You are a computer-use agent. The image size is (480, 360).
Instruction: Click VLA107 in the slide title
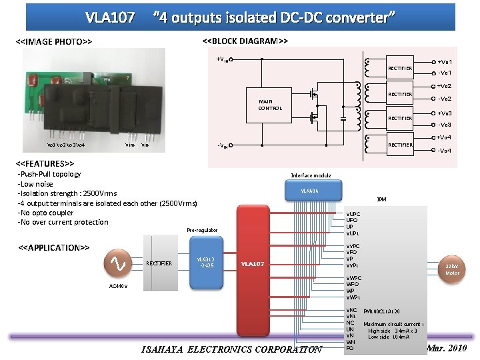pyautogui.click(x=110, y=17)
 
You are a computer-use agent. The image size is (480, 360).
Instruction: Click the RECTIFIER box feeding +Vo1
pyautogui.click(x=400, y=68)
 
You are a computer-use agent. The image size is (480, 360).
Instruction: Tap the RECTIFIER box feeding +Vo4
pyautogui.click(x=400, y=145)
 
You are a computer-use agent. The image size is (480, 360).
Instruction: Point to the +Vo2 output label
pyautogui.click(x=445, y=87)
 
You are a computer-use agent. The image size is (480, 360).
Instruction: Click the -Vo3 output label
pyautogui.click(x=445, y=125)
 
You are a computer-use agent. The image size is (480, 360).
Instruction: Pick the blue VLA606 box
pyautogui.click(x=310, y=190)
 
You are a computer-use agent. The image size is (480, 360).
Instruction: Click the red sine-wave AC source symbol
pyautogui.click(x=118, y=263)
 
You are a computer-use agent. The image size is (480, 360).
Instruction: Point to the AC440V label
pyautogui.click(x=118, y=286)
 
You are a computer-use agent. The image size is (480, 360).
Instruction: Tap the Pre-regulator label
pyautogui.click(x=202, y=230)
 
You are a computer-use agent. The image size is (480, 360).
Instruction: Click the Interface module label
pyautogui.click(x=311, y=175)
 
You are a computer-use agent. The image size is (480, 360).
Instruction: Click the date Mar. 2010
pyautogui.click(x=447, y=348)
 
